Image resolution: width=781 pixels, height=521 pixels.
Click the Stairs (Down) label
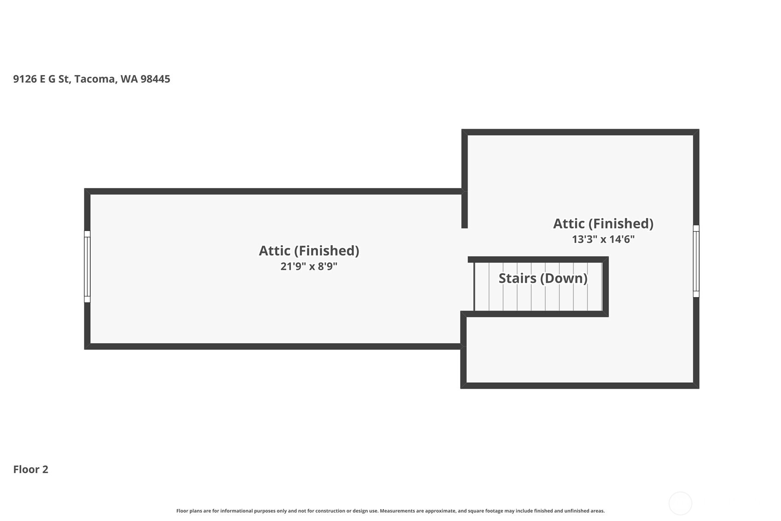click(543, 279)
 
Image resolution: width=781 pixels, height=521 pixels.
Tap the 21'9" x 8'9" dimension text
click(309, 266)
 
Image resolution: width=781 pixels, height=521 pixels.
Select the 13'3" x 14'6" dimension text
click(603, 239)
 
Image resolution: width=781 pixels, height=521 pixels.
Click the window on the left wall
click(87, 267)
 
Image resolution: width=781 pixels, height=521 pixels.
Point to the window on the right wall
click(696, 261)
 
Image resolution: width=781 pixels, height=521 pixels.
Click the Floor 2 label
click(31, 469)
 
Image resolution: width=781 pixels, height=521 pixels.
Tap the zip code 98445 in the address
click(155, 79)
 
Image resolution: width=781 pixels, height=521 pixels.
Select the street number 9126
click(25, 79)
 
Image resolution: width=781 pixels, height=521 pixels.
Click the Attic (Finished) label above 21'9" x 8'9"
click(309, 251)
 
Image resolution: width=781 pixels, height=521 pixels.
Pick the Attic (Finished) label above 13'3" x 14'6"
click(603, 224)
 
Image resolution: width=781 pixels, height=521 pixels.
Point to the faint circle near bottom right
click(680, 503)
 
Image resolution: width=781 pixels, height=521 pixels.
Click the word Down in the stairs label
click(564, 279)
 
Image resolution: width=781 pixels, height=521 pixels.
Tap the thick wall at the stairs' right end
click(606, 287)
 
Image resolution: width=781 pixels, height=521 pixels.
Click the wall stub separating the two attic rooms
click(464, 210)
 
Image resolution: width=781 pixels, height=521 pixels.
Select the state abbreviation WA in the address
click(129, 79)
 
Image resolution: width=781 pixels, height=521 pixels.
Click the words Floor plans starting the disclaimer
click(189, 511)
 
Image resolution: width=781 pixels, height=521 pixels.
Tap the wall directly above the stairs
click(538, 260)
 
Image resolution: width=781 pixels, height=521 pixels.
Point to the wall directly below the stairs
click(534, 314)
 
